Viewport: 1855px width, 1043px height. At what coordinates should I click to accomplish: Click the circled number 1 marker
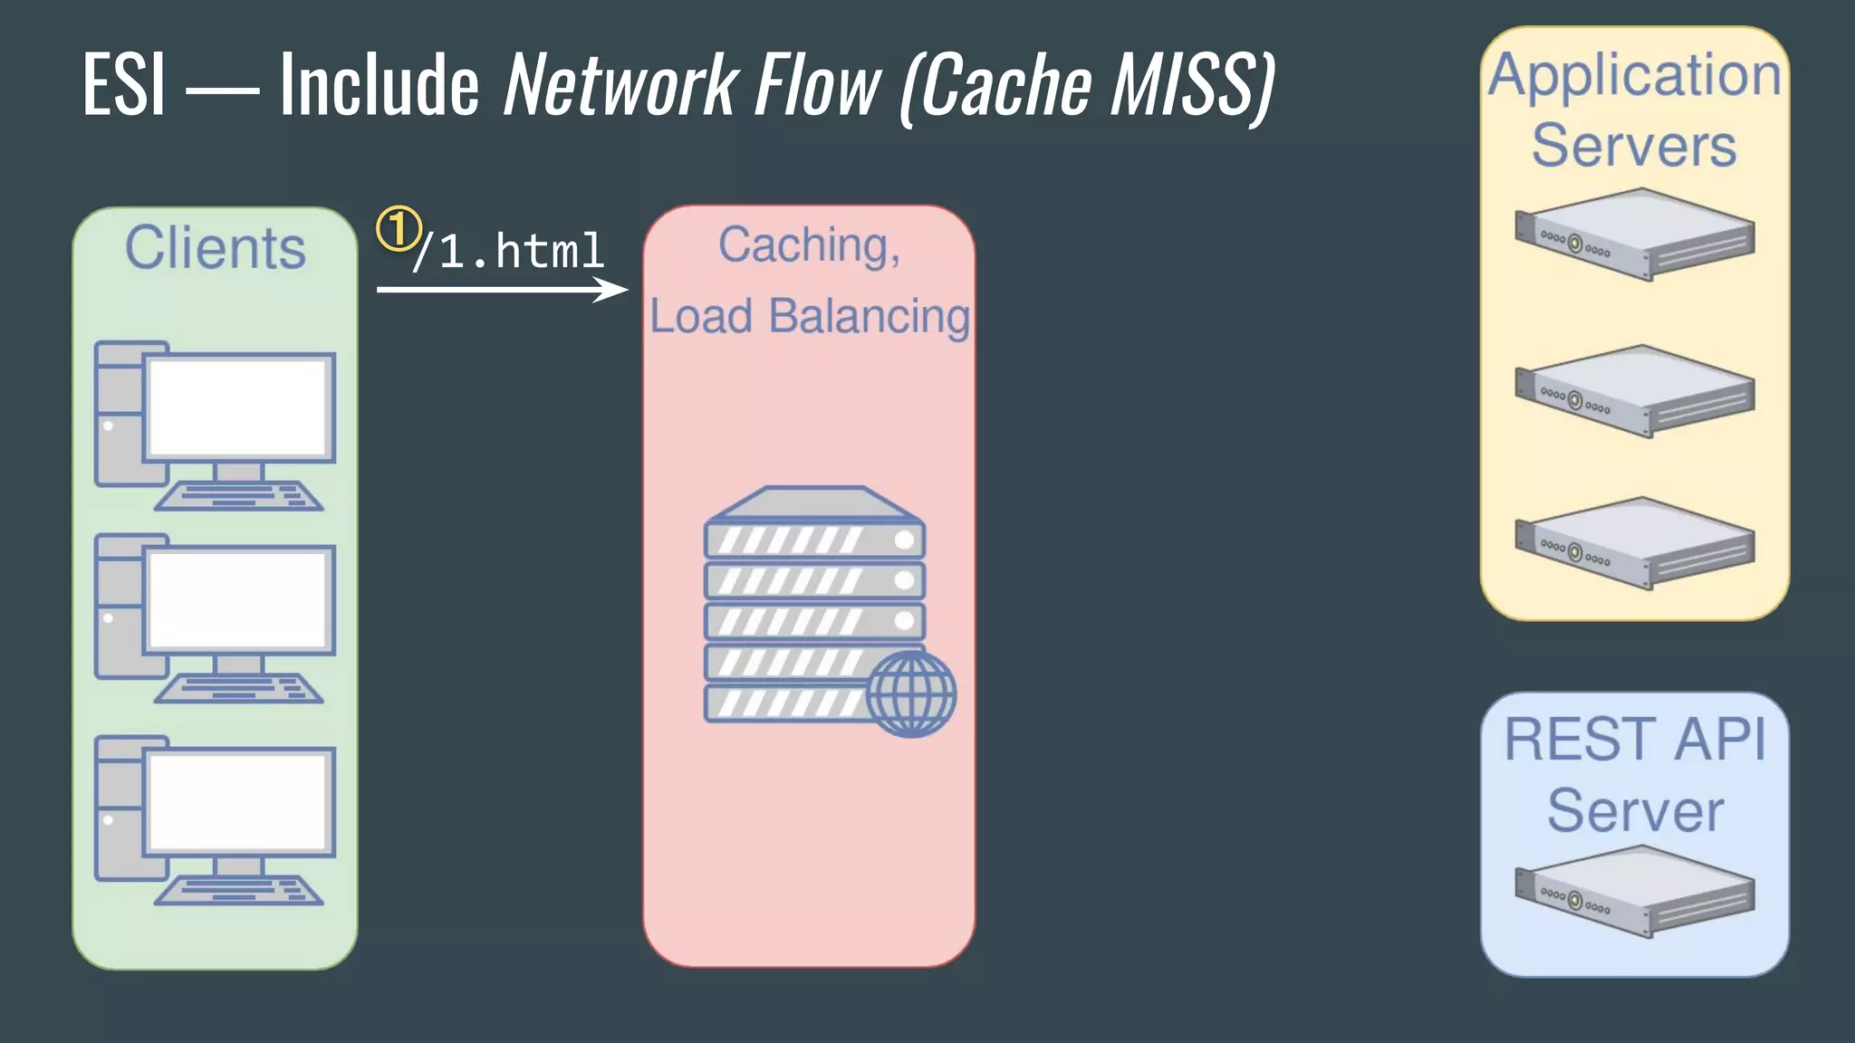tap(399, 229)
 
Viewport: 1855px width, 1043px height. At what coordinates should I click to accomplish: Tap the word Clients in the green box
tap(216, 248)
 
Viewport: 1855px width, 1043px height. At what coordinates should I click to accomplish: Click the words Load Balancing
tap(810, 317)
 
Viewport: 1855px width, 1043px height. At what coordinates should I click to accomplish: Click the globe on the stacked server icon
tap(910, 694)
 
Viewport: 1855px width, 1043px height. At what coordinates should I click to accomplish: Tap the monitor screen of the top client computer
tap(237, 407)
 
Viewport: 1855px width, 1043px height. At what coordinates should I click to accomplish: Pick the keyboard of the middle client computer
tap(239, 689)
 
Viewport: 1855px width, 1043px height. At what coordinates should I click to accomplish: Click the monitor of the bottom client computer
tap(237, 802)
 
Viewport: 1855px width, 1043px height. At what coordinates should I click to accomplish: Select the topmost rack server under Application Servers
tap(1634, 234)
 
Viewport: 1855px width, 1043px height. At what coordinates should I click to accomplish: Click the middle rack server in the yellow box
tap(1634, 390)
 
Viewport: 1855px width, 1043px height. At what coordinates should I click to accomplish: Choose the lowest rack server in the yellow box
tap(1634, 543)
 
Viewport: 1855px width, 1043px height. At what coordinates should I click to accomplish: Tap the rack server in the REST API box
tap(1634, 891)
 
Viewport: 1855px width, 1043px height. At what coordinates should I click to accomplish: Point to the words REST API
tap(1634, 740)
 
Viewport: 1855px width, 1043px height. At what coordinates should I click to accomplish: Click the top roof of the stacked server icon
tap(813, 503)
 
